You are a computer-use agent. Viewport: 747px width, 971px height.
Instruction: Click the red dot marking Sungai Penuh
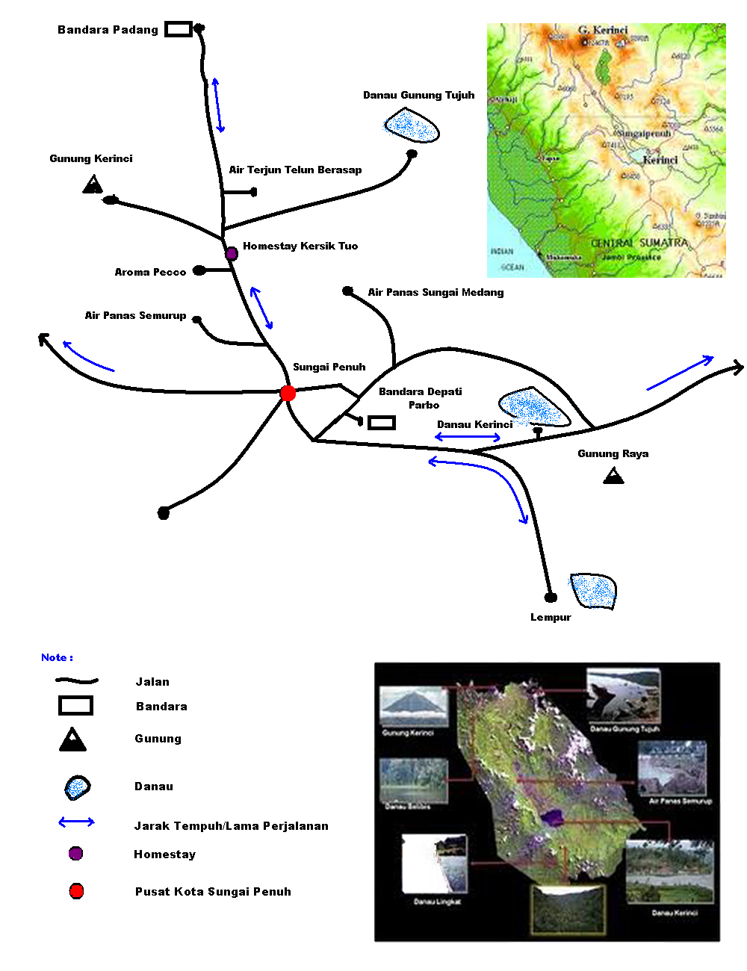click(x=288, y=393)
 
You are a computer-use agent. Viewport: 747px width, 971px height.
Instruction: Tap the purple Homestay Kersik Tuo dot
click(x=232, y=254)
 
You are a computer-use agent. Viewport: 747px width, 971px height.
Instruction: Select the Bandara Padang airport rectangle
click(x=178, y=29)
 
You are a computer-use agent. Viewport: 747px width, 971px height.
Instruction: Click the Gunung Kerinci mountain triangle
click(x=93, y=184)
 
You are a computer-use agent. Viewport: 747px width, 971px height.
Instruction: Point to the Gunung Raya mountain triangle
click(x=613, y=475)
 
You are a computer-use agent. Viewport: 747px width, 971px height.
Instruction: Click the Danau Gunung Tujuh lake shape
click(x=410, y=125)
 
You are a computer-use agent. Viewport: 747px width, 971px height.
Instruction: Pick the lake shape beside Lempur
click(x=594, y=591)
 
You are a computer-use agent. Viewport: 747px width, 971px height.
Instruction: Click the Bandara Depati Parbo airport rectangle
click(x=382, y=423)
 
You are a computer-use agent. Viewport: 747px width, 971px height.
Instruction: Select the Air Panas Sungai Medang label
click(x=436, y=292)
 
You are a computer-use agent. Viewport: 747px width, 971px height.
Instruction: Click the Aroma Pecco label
click(x=150, y=272)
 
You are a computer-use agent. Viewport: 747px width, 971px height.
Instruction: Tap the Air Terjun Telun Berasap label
click(x=295, y=170)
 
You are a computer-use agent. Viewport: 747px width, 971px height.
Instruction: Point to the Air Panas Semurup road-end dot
click(x=197, y=320)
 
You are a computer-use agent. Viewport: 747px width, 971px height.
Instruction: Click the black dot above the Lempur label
click(x=551, y=597)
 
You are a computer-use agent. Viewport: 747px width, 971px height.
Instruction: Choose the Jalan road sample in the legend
click(x=76, y=681)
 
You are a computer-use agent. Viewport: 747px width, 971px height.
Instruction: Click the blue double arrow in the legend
click(x=76, y=822)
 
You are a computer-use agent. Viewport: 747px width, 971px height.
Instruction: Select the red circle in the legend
click(x=76, y=891)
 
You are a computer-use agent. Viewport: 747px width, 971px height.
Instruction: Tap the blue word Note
click(x=57, y=657)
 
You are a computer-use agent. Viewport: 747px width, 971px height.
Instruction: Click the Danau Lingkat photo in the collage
click(x=435, y=864)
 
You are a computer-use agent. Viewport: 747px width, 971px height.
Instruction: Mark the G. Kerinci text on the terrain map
click(x=603, y=30)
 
